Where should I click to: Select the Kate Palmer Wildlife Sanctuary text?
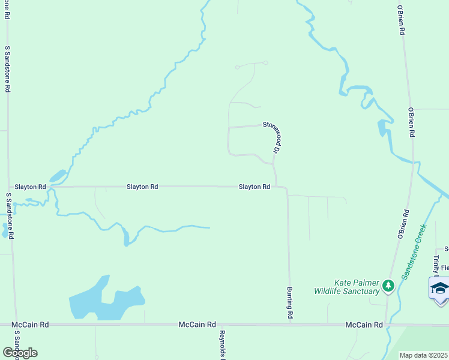click(347, 287)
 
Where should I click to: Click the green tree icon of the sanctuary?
click(388, 286)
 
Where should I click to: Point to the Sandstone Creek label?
click(414, 251)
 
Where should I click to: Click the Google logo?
click(20, 352)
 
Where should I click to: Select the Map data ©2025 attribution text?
click(423, 355)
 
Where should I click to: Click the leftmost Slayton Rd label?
click(31, 187)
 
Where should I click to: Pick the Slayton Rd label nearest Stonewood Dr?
click(254, 187)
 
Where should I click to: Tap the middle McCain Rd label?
click(197, 325)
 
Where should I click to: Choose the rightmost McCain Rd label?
click(364, 325)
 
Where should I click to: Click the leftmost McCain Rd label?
click(30, 325)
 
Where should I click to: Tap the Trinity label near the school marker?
click(436, 263)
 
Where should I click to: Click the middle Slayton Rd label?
click(142, 187)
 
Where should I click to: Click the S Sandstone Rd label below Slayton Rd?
click(10, 216)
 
